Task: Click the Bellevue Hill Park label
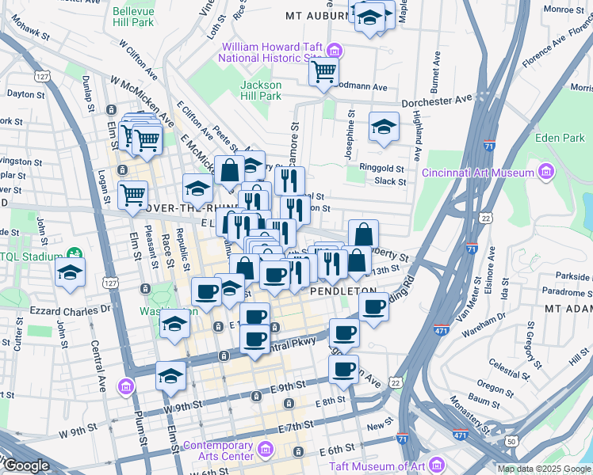[x=133, y=17]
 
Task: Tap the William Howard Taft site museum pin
[x=335, y=51]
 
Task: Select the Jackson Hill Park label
[x=261, y=90]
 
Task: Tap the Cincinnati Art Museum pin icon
[x=545, y=172]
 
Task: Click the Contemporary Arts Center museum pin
[x=266, y=450]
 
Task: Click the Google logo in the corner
[x=25, y=465]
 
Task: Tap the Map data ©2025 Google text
[x=543, y=469]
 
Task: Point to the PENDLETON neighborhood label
[x=342, y=291]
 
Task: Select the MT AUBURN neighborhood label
[x=316, y=15]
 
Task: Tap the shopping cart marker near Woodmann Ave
[x=323, y=71]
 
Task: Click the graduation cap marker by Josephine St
[x=384, y=127]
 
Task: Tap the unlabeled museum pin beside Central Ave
[x=126, y=387]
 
